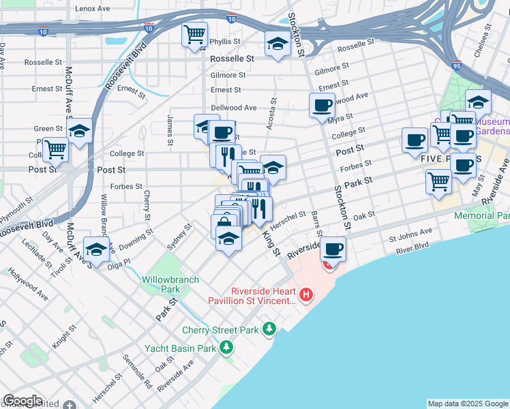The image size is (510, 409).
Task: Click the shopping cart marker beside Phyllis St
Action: [x=195, y=34]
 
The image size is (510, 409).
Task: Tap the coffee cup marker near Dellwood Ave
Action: [x=322, y=106]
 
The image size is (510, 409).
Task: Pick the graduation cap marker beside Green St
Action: [x=79, y=130]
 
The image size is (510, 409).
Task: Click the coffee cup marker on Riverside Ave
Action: [x=333, y=249]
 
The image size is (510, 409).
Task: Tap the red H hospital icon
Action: [x=306, y=295]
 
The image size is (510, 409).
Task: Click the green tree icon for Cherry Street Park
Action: [x=270, y=330]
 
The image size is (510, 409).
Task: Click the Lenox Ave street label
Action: [x=93, y=9]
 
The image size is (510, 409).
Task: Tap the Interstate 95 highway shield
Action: [x=457, y=65]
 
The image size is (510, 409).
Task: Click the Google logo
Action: [x=22, y=401]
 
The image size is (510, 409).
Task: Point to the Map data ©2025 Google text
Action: [x=468, y=404]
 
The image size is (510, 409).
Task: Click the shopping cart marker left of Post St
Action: [x=55, y=149]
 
